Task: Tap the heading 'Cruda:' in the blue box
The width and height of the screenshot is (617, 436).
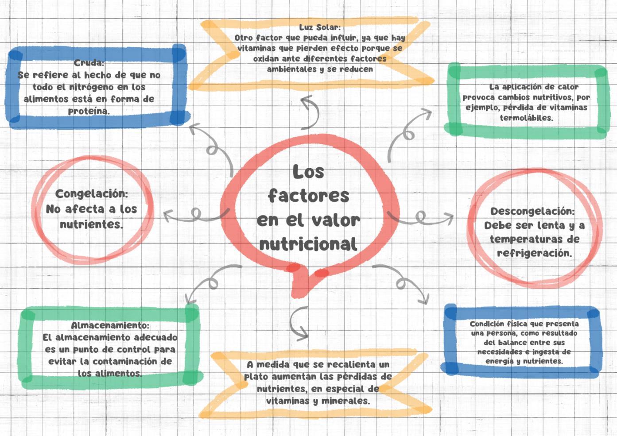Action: (89, 63)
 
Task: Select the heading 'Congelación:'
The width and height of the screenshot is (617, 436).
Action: (92, 194)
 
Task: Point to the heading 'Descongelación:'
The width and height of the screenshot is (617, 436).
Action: (532, 211)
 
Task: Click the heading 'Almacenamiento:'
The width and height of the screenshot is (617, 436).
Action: (110, 325)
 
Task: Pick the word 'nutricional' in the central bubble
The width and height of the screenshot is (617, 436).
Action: (308, 244)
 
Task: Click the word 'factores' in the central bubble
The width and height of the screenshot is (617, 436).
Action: (309, 195)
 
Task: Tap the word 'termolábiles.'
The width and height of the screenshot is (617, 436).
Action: (526, 118)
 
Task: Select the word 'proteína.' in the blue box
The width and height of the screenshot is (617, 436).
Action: (89, 111)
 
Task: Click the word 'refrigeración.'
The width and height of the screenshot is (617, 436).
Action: (534, 253)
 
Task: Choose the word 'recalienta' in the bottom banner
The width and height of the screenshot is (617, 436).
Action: (351, 364)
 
